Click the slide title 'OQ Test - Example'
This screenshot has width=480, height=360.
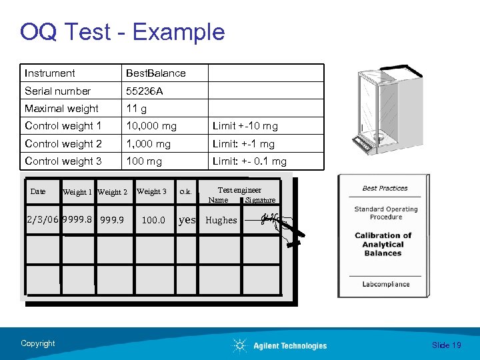point(122,31)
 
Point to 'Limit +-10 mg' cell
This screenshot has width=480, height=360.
point(245,126)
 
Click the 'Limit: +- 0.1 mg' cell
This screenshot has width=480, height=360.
point(249,161)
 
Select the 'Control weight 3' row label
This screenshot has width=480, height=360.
point(63,161)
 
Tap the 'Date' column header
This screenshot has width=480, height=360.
point(38,191)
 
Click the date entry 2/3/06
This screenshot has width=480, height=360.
point(42,219)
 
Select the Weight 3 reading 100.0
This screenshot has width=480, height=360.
point(153,219)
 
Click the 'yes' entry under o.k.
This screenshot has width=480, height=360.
point(187,219)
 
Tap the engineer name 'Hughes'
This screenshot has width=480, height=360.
point(221,220)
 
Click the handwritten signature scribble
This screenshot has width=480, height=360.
point(270,218)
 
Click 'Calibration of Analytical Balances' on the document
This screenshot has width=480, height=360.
point(383,244)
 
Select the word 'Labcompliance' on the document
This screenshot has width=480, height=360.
point(385,284)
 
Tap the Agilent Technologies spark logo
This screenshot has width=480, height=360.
point(240,345)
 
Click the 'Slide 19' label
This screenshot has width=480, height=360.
point(446,345)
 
